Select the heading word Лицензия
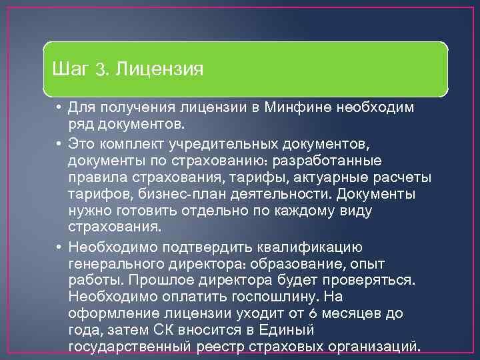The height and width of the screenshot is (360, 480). point(159,69)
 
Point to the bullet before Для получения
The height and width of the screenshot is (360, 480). point(59,108)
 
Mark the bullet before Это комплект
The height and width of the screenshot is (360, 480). point(59,143)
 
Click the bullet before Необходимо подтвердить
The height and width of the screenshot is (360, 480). point(59,247)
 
